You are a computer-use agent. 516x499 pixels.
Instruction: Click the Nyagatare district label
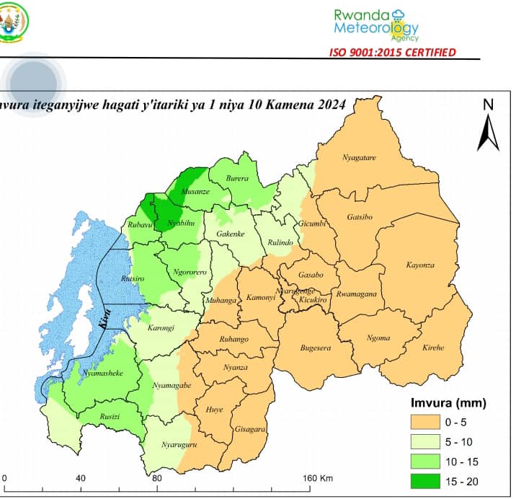359,157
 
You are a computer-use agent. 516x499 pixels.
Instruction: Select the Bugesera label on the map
315,348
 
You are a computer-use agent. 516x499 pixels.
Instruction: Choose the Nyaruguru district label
179,444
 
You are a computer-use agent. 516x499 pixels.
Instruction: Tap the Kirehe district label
433,348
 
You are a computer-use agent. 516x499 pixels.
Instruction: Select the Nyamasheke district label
96,374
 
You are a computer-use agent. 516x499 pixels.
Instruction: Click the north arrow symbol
488,129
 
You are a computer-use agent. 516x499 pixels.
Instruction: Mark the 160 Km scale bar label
317,478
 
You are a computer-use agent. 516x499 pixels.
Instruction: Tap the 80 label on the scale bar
156,478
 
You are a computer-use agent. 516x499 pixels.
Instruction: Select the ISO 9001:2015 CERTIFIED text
392,51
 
